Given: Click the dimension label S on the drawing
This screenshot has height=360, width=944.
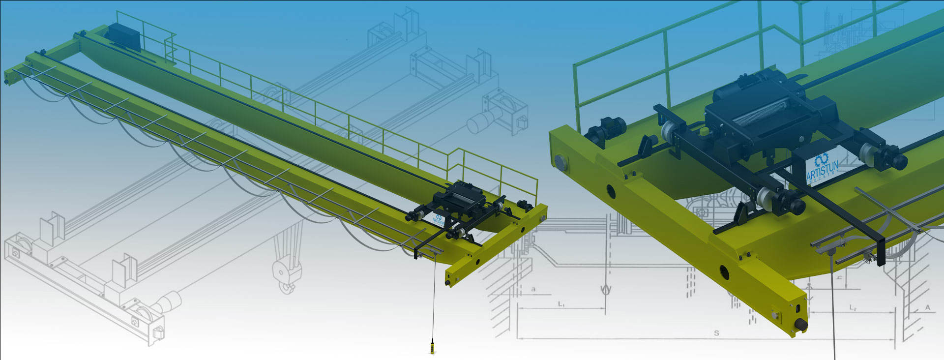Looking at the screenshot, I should tap(716, 333).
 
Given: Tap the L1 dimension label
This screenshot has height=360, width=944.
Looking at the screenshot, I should tap(561, 304).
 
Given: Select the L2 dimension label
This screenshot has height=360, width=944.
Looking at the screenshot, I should tap(853, 308).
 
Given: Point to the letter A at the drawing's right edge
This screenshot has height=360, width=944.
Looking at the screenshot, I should tap(928, 307).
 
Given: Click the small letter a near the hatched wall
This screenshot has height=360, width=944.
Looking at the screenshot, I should tap(533, 289).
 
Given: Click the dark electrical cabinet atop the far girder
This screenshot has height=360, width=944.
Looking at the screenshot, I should tap(124, 35).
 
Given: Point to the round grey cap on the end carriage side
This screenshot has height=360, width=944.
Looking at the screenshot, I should tap(560, 161).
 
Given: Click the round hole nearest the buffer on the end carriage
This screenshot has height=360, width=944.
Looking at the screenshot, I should tap(724, 270).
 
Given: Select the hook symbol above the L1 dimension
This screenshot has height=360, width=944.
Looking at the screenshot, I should tap(606, 289).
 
